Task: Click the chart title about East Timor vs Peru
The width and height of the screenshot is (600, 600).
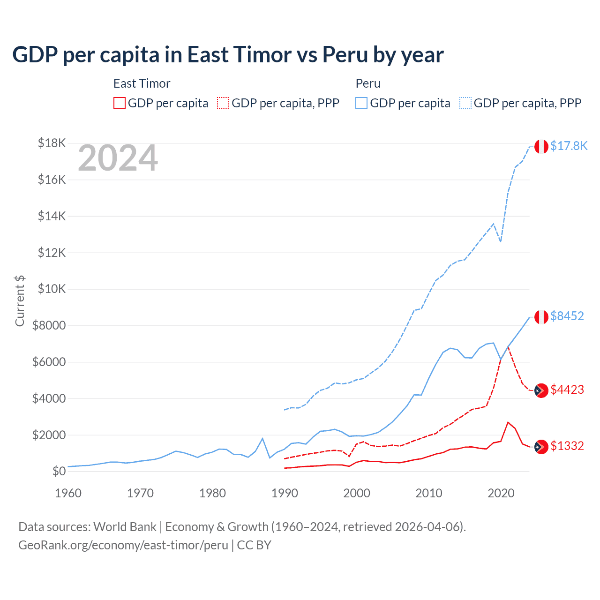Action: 228,55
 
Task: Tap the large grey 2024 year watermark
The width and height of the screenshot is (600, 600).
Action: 118,158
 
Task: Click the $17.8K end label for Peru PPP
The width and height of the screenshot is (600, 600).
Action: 569,146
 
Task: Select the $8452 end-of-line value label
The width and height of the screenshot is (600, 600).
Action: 567,316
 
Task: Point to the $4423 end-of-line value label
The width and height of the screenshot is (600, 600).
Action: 567,390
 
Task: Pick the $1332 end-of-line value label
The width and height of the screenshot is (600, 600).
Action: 567,446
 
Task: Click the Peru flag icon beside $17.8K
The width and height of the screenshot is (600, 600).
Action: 541,146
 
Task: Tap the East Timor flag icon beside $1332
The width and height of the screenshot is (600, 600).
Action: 541,447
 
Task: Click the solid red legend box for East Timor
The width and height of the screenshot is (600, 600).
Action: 120,103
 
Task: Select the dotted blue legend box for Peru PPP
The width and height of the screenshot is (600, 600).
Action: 465,103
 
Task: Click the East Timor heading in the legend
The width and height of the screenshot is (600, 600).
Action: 142,83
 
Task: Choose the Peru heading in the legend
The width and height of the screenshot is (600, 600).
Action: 368,83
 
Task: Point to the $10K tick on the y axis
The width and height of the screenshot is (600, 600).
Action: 52,289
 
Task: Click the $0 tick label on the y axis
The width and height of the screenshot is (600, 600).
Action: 58,471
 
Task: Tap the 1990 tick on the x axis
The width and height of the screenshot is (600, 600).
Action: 285,493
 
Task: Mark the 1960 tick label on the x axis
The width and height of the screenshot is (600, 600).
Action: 68,493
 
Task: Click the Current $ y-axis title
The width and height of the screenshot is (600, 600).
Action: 20,301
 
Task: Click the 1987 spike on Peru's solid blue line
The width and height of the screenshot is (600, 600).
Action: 262,438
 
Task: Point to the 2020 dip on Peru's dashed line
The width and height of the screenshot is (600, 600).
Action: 501,241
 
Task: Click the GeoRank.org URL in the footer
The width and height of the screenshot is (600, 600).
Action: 123,545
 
